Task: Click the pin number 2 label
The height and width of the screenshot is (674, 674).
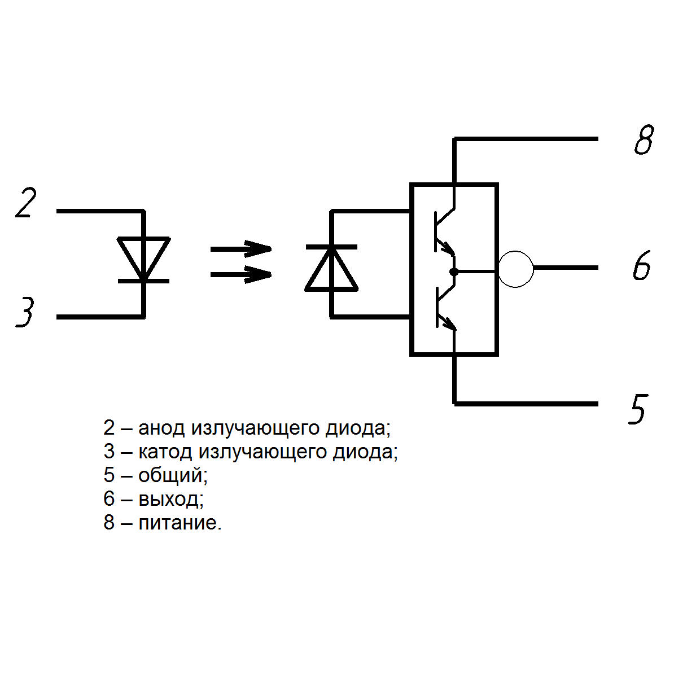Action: (x=26, y=203)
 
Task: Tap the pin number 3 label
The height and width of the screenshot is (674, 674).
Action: (x=25, y=313)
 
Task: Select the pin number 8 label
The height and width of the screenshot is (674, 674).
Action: (x=643, y=141)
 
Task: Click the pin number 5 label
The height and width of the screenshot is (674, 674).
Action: (x=637, y=409)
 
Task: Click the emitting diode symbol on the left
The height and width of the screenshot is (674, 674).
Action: (x=143, y=259)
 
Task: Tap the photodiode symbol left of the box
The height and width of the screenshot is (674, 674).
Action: (x=331, y=268)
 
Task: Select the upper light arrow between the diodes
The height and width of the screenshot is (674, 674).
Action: (x=241, y=248)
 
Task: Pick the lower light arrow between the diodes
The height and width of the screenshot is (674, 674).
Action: (x=241, y=275)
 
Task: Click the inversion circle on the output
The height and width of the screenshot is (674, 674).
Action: (x=515, y=269)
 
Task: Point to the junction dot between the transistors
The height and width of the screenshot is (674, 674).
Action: (x=454, y=272)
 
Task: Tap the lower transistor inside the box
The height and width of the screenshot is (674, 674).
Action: (x=444, y=308)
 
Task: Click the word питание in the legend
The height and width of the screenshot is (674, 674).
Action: (x=180, y=523)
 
